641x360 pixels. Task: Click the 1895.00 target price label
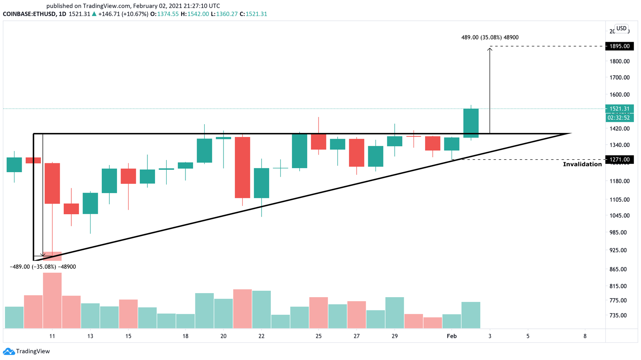[619, 46]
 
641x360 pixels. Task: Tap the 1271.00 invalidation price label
[619, 160]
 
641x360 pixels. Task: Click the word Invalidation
[582, 164]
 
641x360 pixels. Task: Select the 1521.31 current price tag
[619, 109]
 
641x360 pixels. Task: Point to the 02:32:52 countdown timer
[619, 118]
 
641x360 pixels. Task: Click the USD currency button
[621, 28]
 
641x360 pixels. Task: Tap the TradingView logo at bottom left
[27, 351]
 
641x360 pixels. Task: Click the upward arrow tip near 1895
[490, 48]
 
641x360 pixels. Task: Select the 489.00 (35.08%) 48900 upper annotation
[490, 37]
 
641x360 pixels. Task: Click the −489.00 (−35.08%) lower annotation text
[42, 267]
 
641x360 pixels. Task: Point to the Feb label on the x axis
[452, 336]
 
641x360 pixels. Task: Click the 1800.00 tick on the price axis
[619, 61]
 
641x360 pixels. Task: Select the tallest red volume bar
[52, 300]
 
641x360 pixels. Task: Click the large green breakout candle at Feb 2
[471, 123]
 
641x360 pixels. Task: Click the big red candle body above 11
[52, 183]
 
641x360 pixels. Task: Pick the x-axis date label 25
[318, 336]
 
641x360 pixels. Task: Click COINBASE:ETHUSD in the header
[28, 14]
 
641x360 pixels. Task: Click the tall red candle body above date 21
[242, 167]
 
